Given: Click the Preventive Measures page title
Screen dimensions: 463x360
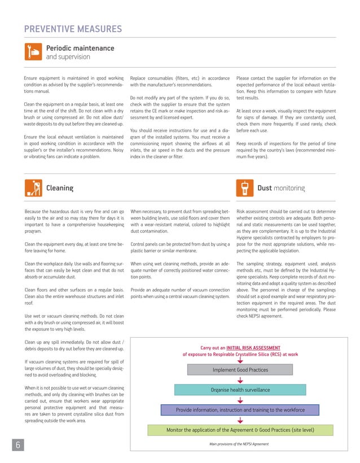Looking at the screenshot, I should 73,29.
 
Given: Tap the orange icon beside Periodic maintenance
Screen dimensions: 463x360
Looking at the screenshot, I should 33,51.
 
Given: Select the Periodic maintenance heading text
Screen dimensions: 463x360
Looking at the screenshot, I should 80,48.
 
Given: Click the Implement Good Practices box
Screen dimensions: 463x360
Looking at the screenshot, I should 240,370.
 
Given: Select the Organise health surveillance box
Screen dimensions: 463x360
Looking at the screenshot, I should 240,390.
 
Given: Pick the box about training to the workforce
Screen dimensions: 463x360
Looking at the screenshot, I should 240,409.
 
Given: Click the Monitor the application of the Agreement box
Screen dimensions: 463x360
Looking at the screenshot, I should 240,430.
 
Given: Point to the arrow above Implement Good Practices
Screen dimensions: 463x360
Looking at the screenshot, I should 240,360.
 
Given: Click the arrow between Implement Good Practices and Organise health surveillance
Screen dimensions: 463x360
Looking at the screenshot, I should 240,380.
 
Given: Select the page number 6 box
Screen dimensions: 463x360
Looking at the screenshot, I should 17,445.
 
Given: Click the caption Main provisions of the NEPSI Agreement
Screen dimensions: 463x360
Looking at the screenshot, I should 239,444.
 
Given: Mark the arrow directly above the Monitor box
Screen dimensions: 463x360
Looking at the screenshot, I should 240,420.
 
